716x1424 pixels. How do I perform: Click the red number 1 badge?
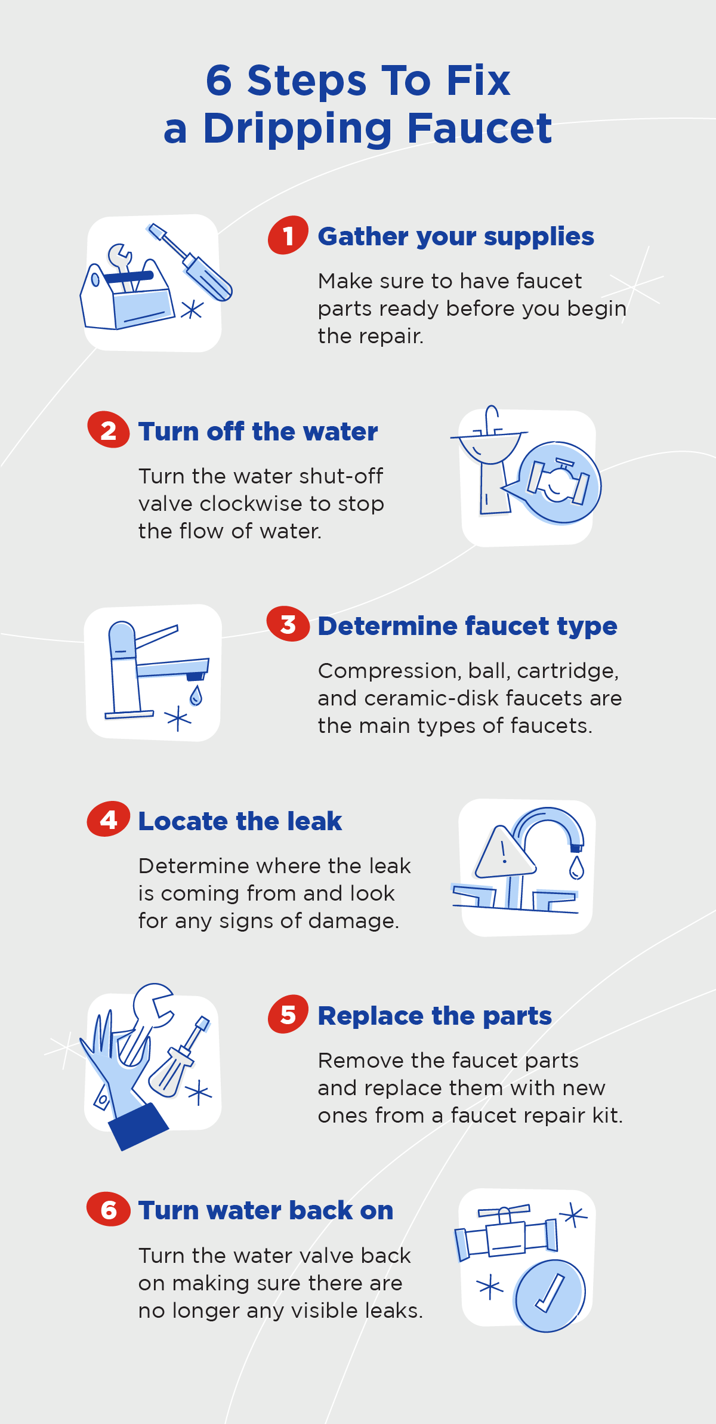288,235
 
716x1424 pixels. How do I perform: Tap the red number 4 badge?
109,819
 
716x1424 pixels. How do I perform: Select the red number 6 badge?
109,1210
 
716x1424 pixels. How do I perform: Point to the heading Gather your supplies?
456,236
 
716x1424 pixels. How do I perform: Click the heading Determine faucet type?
467,626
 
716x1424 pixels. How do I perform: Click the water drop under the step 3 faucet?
196,695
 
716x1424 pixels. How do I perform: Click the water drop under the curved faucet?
576,868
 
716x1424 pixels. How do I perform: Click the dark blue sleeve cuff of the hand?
138,1126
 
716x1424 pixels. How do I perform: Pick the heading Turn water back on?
266,1210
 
